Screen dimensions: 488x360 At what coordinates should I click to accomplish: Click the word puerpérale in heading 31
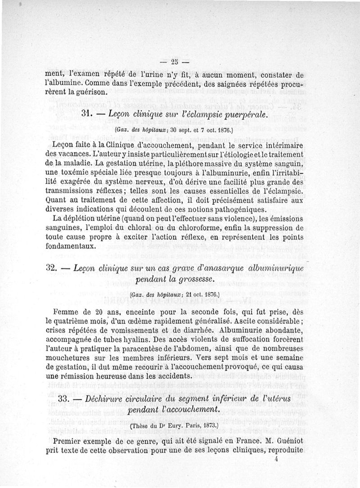[243, 115]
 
